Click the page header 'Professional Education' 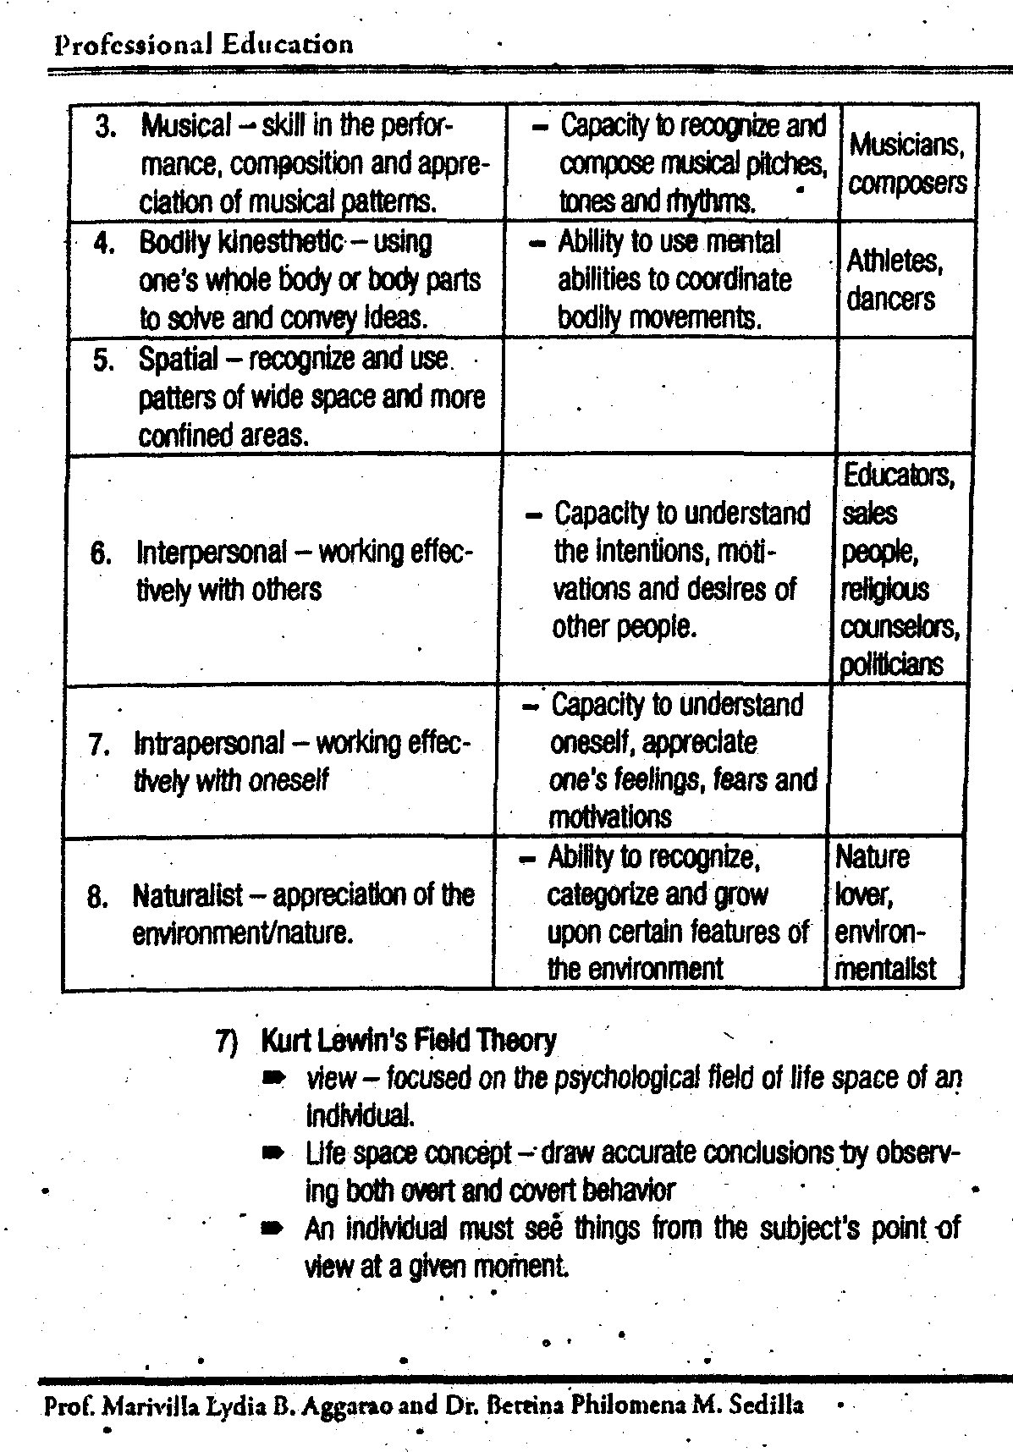[203, 44]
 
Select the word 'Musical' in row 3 [185, 127]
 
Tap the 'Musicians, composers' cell [907, 163]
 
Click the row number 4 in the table [104, 244]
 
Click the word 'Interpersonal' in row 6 [212, 553]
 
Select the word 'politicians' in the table [890, 665]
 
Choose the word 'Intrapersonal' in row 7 [209, 744]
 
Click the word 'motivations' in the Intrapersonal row [609, 817]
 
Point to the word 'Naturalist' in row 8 [187, 895]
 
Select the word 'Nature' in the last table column [872, 858]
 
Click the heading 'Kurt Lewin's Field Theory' [409, 1040]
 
